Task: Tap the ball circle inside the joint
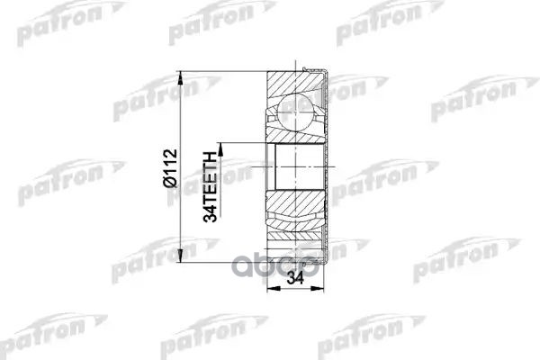tap(293, 114)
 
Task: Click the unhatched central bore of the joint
tap(293, 167)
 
